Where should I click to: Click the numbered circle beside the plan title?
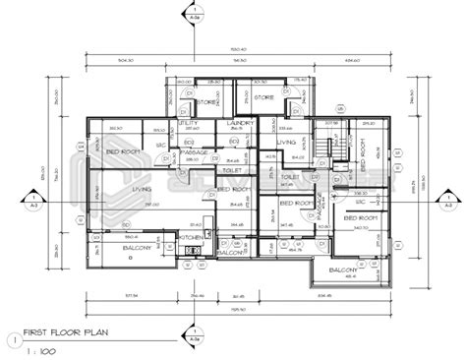tap(12, 340)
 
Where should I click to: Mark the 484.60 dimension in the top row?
tap(352, 60)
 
